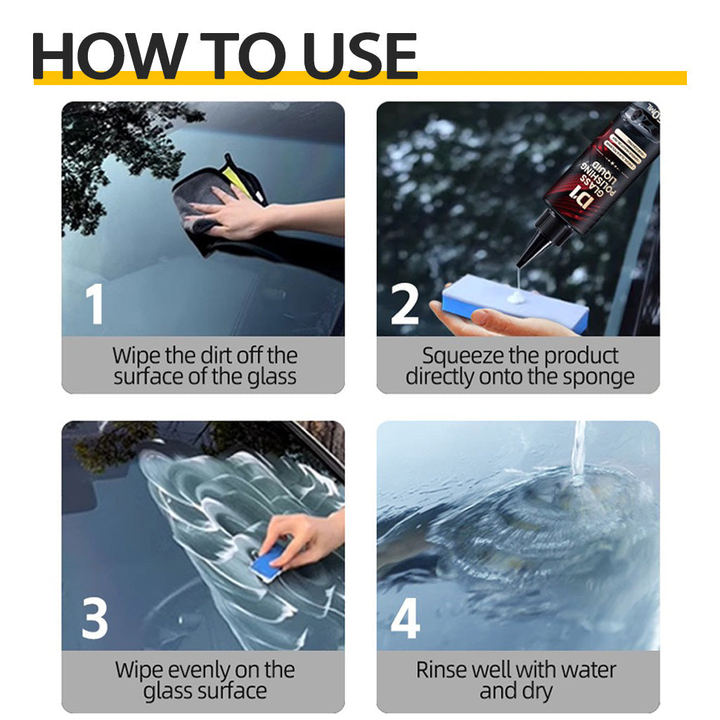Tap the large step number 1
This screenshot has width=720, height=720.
point(94,304)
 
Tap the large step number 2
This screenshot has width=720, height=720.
point(404,304)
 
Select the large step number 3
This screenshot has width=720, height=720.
point(94,618)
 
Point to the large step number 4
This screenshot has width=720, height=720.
point(405,618)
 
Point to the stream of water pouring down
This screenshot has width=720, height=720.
point(578,450)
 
